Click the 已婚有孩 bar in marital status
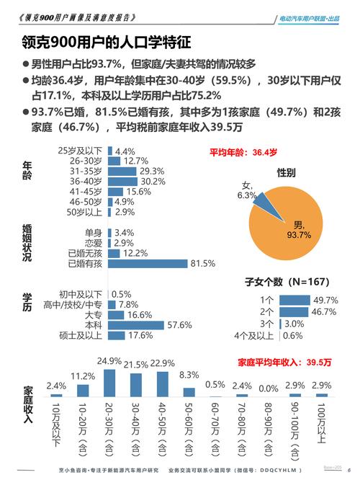click(148, 264)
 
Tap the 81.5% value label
click(202, 264)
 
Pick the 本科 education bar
click(136, 325)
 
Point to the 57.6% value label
click(179, 325)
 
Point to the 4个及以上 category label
click(254, 335)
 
